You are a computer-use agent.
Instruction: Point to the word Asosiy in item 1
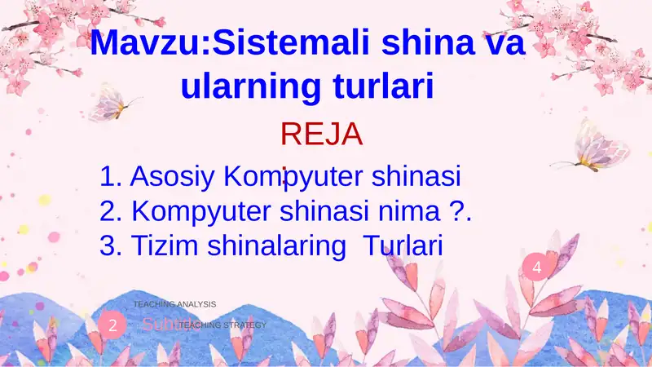point(173,176)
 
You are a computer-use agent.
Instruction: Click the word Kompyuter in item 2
point(201,211)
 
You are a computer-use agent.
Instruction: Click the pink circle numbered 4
point(536,268)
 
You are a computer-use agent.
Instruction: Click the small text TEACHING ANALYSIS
point(175,304)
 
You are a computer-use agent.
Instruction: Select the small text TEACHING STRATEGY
point(223,325)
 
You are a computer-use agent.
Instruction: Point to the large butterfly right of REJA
point(601,144)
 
